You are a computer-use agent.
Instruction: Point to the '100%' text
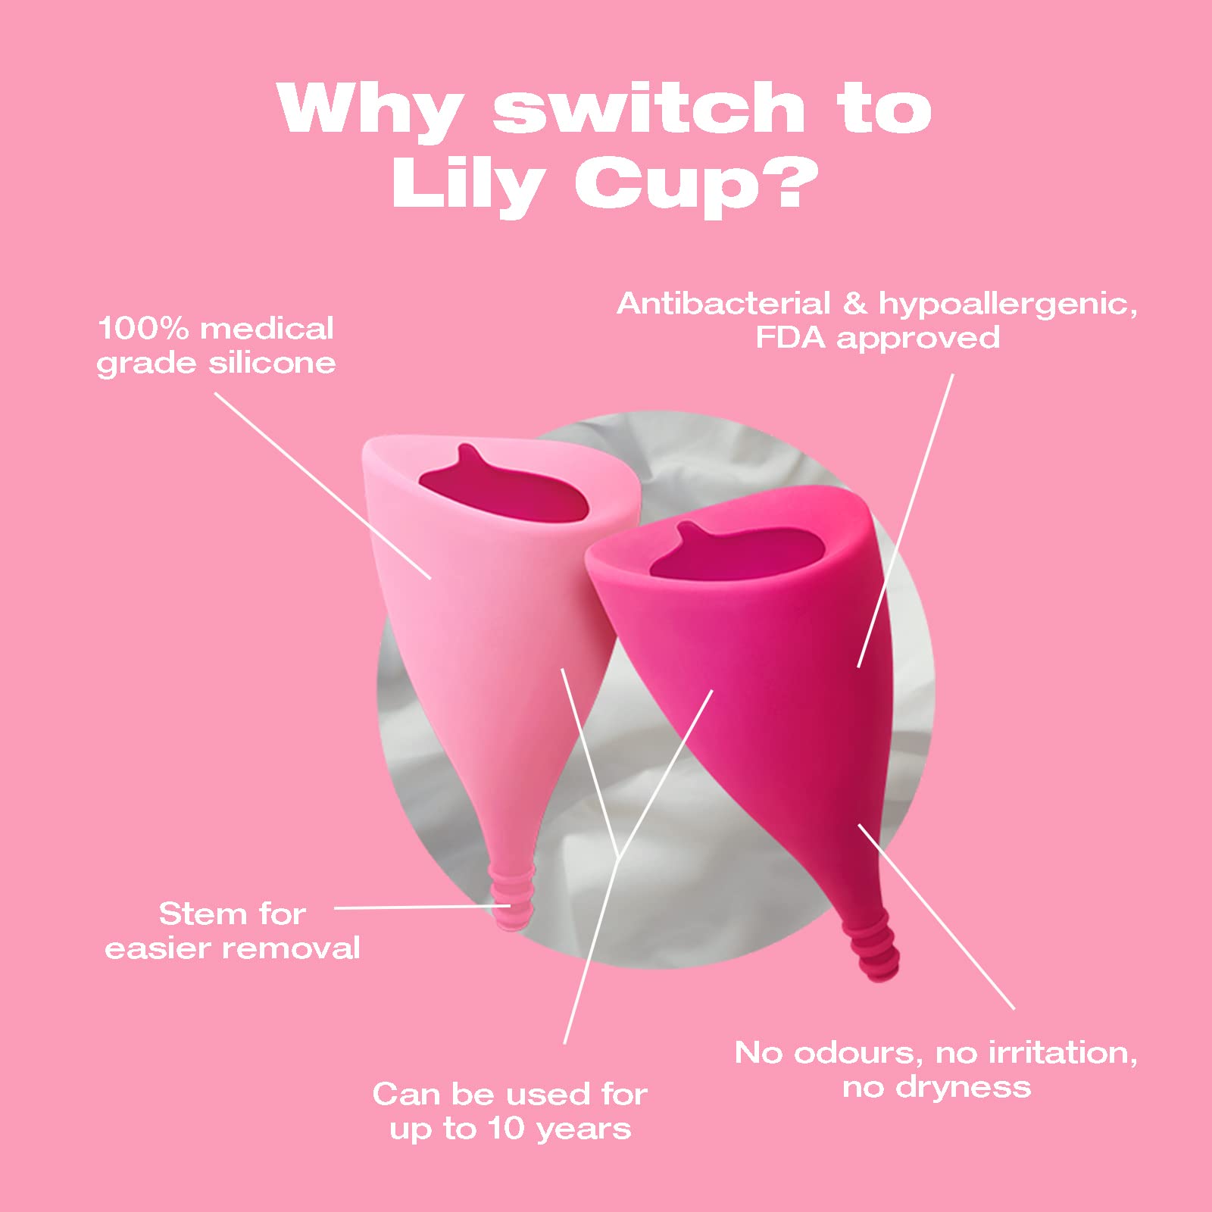143,329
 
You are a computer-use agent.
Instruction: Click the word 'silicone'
273,363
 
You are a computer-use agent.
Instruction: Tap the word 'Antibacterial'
723,304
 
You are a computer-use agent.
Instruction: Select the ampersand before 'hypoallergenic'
854,304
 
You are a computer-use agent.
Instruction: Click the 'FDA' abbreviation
790,338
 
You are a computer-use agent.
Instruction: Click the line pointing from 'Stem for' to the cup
423,906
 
